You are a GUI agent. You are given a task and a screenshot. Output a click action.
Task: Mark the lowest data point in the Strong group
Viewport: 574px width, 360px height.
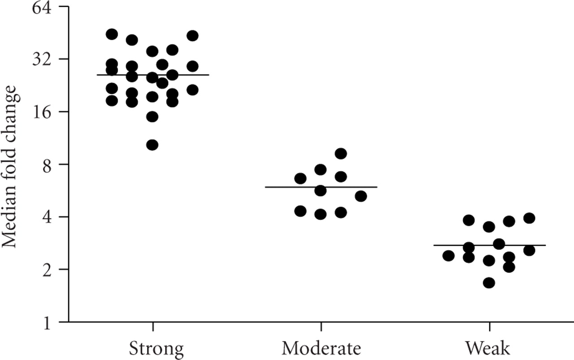pyautogui.click(x=152, y=145)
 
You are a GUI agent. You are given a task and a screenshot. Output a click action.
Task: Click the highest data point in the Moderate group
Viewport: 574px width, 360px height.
pyautogui.click(x=341, y=154)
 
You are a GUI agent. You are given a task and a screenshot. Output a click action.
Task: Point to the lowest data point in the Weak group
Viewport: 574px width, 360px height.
pyautogui.click(x=489, y=283)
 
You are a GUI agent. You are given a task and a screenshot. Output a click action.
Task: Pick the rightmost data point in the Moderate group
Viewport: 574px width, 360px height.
pyautogui.click(x=361, y=196)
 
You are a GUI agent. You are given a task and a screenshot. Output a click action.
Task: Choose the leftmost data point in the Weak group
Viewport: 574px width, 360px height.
pyautogui.click(x=448, y=256)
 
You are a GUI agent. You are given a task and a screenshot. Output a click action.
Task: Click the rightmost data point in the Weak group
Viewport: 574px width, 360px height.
pyautogui.click(x=529, y=218)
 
